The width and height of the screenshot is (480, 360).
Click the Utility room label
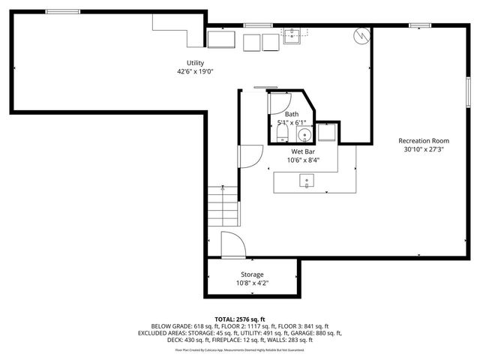[195, 63]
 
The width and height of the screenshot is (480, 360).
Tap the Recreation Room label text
[424, 140]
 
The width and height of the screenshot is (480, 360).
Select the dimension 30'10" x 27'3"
[424, 149]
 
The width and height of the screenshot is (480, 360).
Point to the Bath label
[291, 113]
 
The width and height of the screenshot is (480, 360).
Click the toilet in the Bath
[281, 133]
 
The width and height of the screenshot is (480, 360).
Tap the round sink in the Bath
[304, 136]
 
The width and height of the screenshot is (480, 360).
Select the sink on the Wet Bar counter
[307, 180]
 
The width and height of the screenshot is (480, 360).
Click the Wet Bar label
[302, 151]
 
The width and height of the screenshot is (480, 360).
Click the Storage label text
[251, 274]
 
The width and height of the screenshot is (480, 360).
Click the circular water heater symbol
[361, 35]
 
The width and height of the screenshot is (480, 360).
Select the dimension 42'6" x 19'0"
[195, 72]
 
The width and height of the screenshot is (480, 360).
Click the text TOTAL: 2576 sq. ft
[239, 319]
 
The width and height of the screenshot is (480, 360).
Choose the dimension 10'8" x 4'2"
[251, 283]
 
